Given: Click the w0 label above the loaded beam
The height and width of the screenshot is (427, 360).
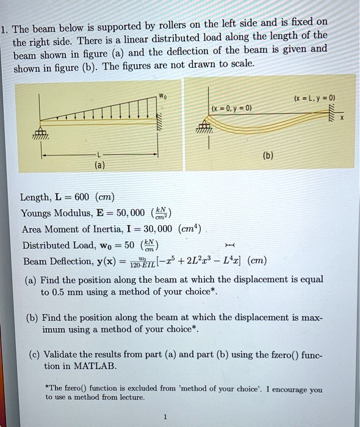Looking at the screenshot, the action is (162, 95).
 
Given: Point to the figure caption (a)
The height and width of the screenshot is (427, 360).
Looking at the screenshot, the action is (99, 165).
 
